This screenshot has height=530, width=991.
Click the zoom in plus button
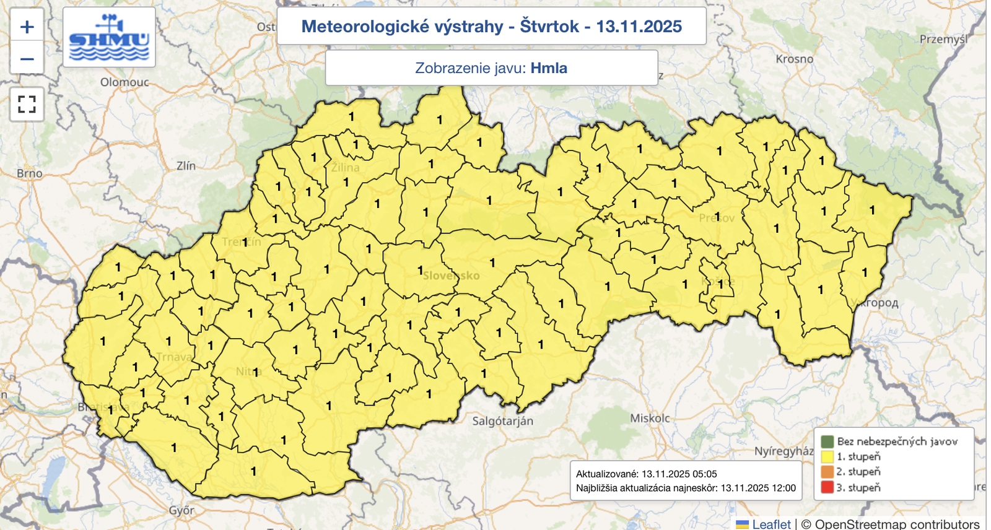coord(27,27)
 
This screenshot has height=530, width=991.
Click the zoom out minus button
coord(27,59)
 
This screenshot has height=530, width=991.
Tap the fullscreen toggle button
coord(27,104)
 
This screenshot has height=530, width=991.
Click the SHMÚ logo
coord(109,38)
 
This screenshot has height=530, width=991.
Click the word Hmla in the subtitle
coord(549,68)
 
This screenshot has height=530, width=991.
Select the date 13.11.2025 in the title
coord(639,27)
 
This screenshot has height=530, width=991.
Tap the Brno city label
coord(30,173)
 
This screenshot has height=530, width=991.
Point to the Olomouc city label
coord(124,82)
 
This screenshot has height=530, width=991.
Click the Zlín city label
coord(186,166)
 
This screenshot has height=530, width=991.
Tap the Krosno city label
coord(794,59)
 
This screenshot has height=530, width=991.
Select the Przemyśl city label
coord(943,39)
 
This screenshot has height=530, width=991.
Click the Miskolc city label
coord(650,419)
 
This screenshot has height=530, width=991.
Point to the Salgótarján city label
coord(502,421)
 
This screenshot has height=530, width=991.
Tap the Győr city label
coord(181,511)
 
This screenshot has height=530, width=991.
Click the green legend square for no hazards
coord(827,441)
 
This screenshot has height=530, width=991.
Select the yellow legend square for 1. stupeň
coord(827,457)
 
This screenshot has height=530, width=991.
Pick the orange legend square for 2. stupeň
coord(827,472)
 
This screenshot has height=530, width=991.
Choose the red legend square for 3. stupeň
coord(827,487)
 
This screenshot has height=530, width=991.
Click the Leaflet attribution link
coord(771,524)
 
